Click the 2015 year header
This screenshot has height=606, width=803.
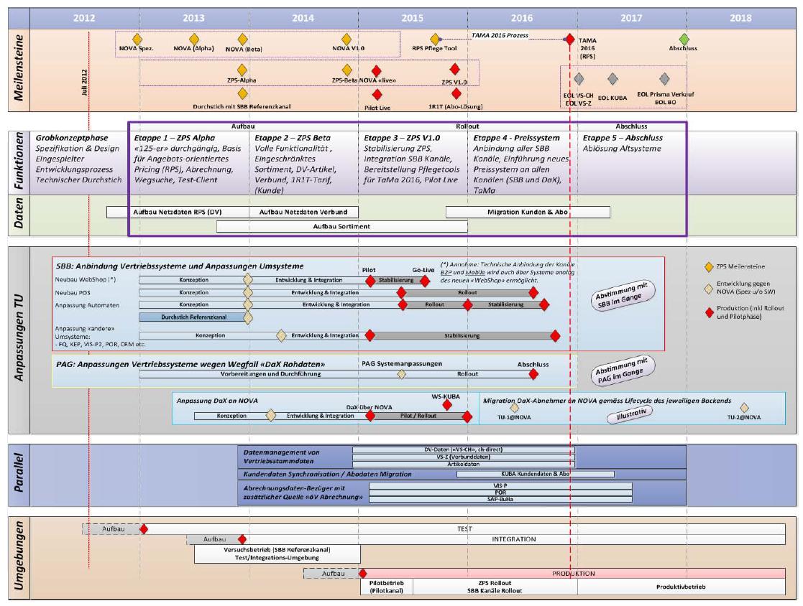click(x=413, y=18)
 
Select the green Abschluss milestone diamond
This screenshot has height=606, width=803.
click(x=684, y=39)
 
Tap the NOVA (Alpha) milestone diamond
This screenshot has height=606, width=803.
click(x=194, y=39)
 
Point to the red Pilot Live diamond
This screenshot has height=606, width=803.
click(x=377, y=94)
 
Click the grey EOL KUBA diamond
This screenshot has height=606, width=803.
click(x=612, y=78)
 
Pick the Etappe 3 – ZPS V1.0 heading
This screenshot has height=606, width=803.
click(x=402, y=138)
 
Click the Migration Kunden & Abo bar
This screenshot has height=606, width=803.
click(x=528, y=212)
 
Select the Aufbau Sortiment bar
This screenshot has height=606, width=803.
click(x=341, y=226)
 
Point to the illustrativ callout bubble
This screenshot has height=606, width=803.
click(x=623, y=415)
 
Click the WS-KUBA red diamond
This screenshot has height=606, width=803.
click(x=447, y=404)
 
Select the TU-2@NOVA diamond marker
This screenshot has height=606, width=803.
click(x=744, y=408)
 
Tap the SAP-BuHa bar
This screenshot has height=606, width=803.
click(x=492, y=499)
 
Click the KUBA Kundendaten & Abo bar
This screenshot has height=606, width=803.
click(x=535, y=474)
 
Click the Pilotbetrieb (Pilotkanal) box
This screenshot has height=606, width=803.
click(x=387, y=587)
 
